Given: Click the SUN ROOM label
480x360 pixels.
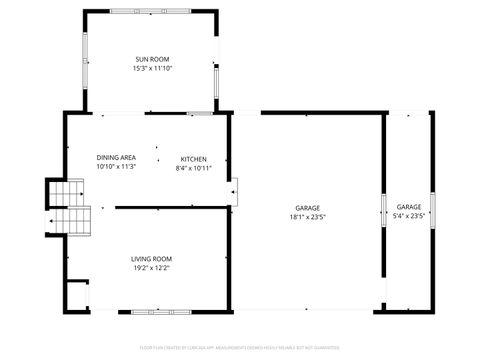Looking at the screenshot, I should (x=152, y=60).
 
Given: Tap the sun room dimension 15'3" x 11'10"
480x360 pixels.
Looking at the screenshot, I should (x=152, y=69).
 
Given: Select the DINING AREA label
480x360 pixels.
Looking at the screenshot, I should (x=116, y=158).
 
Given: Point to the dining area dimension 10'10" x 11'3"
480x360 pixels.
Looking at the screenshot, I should (x=116, y=167).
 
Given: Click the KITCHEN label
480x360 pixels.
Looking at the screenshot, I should (x=193, y=159).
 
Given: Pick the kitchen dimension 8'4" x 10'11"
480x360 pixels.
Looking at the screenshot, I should (x=193, y=168).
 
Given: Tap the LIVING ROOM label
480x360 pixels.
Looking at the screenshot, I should (x=152, y=259).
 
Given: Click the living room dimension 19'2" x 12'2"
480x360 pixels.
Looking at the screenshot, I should (x=152, y=268).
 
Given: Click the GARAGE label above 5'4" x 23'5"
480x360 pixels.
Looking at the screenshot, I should (x=409, y=206).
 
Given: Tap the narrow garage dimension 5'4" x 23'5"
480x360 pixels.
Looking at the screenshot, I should (x=409, y=215).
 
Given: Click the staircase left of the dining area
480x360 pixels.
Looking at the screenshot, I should (x=68, y=205).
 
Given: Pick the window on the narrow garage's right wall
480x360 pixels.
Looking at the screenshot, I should (x=432, y=211).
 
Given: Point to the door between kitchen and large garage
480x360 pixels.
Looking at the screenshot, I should (x=233, y=190).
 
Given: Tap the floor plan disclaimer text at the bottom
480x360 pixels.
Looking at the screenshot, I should (x=240, y=349).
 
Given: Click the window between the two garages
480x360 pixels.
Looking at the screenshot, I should (x=383, y=211).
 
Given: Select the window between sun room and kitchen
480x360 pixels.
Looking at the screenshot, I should (x=201, y=113).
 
